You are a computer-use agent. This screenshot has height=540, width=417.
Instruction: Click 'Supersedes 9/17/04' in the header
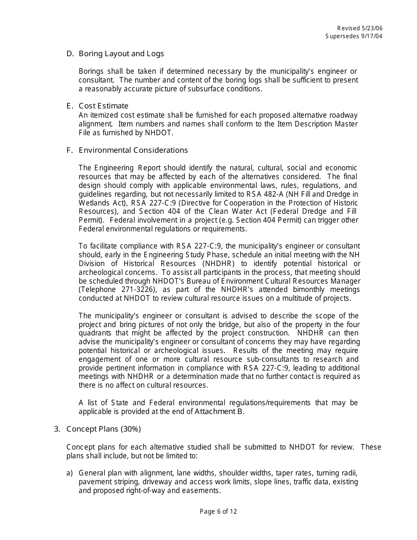tap(354, 36)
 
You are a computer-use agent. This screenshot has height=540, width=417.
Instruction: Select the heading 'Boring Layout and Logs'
tap(121, 54)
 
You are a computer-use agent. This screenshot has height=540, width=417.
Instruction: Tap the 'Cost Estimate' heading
tap(104, 106)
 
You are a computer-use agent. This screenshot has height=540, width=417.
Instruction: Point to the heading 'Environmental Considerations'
tap(133, 150)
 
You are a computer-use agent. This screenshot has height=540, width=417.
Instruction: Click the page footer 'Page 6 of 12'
tap(218, 511)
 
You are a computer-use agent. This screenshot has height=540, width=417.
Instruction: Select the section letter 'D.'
tap(69, 54)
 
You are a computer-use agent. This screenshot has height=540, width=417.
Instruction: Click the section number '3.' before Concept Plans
tap(57, 429)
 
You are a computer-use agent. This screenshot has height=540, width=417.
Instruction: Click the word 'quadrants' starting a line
tap(94, 333)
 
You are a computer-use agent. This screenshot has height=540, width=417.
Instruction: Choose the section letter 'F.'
tap(69, 150)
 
